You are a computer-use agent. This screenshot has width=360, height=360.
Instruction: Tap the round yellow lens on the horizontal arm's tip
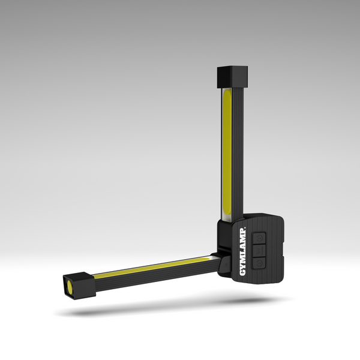70,286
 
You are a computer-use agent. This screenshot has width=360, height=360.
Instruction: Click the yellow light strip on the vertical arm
227,150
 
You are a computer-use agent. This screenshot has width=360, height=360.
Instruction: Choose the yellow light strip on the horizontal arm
150,269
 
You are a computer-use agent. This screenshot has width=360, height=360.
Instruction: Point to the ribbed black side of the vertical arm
238,150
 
